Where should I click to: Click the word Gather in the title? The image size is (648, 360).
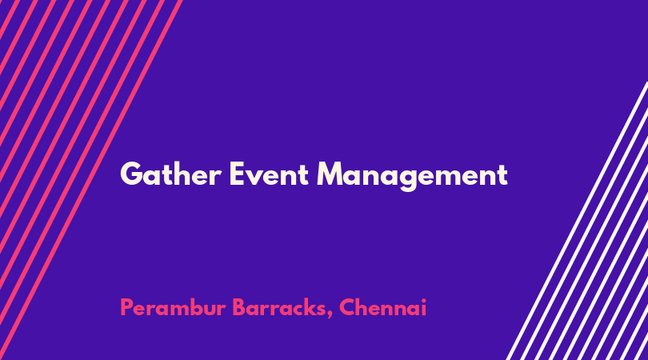(x=170, y=174)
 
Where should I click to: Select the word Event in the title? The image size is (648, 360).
(x=269, y=174)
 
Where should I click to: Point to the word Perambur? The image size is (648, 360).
(x=173, y=307)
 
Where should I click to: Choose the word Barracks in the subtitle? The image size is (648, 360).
(x=279, y=307)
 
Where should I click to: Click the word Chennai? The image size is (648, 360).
(x=382, y=307)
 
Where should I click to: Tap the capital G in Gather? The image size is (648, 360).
(x=131, y=174)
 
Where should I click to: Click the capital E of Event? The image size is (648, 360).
(x=238, y=174)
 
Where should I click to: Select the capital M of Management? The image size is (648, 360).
(x=331, y=174)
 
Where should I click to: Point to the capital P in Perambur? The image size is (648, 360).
(x=126, y=307)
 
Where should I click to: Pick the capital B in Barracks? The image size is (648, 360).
(x=239, y=307)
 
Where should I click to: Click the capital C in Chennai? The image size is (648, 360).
(x=347, y=307)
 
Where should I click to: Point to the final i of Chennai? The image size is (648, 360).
(x=423, y=307)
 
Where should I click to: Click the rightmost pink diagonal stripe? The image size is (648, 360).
(x=90, y=180)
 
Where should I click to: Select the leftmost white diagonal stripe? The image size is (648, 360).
(x=577, y=221)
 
